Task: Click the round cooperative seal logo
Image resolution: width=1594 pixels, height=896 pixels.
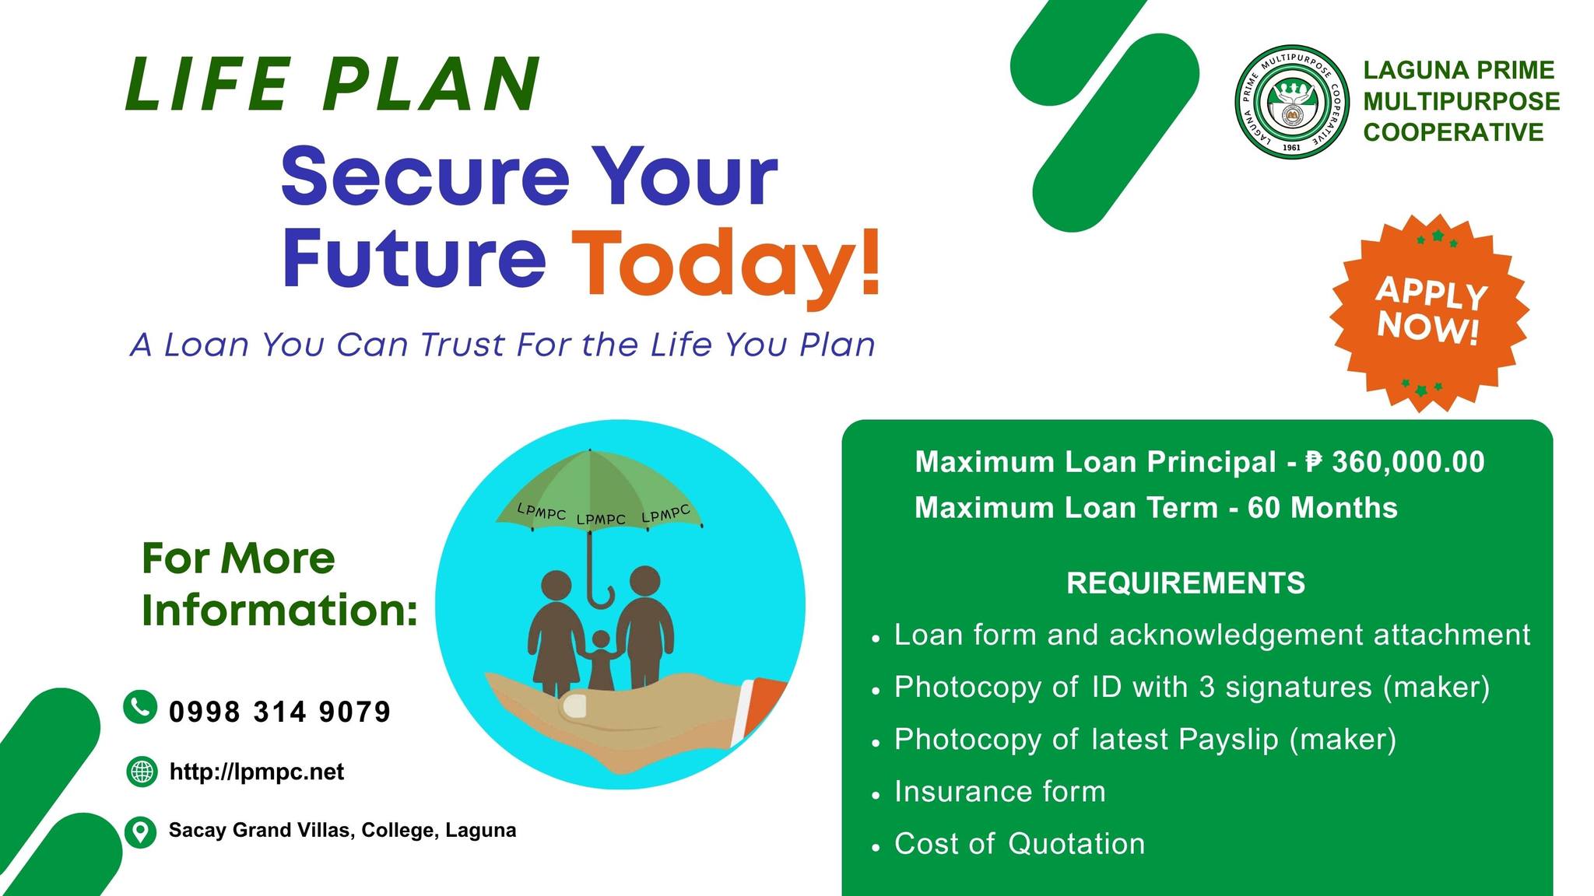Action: point(1292,102)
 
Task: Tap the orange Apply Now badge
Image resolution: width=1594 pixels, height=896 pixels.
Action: point(1429,312)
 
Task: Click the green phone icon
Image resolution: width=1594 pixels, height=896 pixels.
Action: point(140,707)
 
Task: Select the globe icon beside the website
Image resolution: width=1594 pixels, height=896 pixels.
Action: point(141,772)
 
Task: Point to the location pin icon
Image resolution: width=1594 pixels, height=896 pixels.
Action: point(140,831)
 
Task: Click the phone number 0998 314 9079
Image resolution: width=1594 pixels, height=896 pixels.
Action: point(280,712)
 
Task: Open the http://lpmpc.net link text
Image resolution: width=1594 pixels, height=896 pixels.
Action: point(257,772)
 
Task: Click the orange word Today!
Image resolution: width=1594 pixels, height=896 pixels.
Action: point(727,263)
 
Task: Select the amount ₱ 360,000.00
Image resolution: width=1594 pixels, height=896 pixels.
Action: point(1396,462)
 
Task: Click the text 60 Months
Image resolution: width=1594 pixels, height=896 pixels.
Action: point(1323,508)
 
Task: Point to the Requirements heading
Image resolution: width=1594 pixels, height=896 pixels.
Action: point(1185,583)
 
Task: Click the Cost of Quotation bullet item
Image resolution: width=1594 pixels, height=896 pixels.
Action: point(1020,843)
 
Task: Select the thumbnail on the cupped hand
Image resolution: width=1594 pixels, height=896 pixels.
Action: point(574,706)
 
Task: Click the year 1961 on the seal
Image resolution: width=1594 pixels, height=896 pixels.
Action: point(1291,148)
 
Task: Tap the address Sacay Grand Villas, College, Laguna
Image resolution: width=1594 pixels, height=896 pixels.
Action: point(342,831)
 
